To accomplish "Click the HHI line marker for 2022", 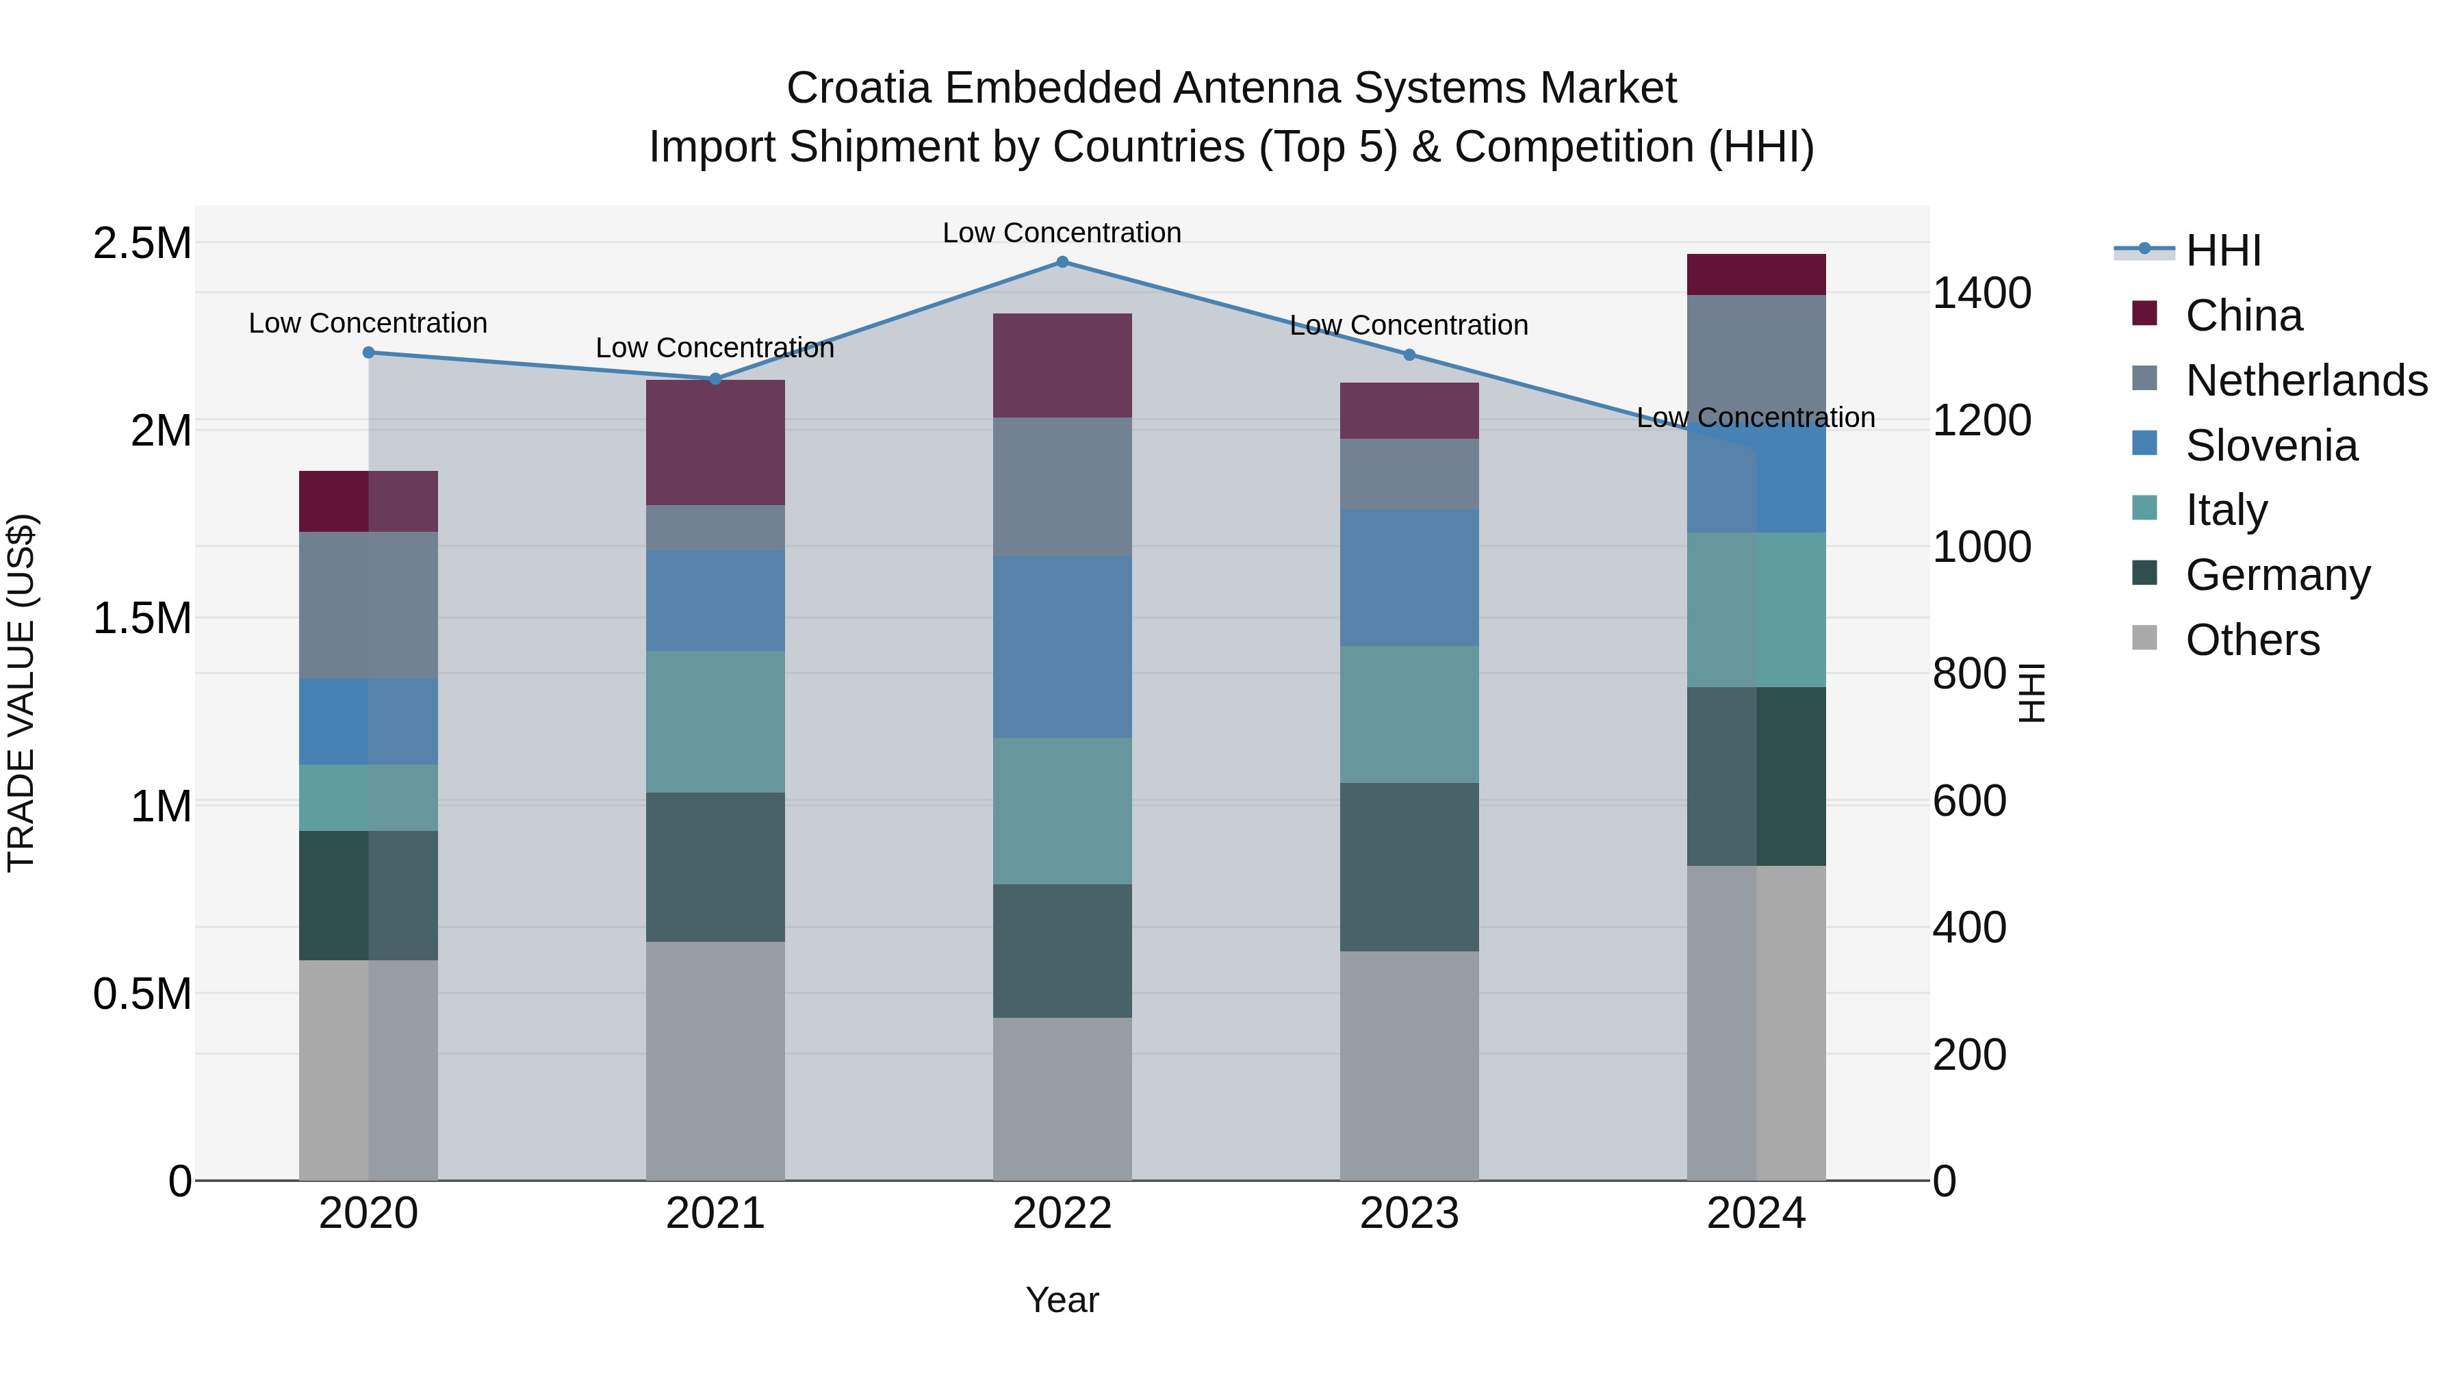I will (x=1062, y=262).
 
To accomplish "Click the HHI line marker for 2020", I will (x=368, y=352).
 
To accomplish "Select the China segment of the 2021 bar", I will (x=715, y=442).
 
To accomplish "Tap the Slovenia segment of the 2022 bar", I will (x=1062, y=647).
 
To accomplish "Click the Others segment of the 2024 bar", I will (x=1756, y=1023).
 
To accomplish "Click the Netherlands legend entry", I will (x=2306, y=381).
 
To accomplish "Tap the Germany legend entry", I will (x=2277, y=575).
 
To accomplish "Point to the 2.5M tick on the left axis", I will (x=142, y=243).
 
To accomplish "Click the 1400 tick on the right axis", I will (x=1981, y=293).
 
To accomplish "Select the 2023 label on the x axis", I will (x=1409, y=1214).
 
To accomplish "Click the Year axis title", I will (x=1062, y=1300).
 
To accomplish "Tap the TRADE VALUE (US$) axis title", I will (x=21, y=693).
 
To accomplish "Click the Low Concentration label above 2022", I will (x=1062, y=233).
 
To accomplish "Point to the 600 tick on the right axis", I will (x=1968, y=801).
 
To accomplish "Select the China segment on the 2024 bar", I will (x=1756, y=274).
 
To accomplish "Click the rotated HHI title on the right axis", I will (x=2031, y=693).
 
